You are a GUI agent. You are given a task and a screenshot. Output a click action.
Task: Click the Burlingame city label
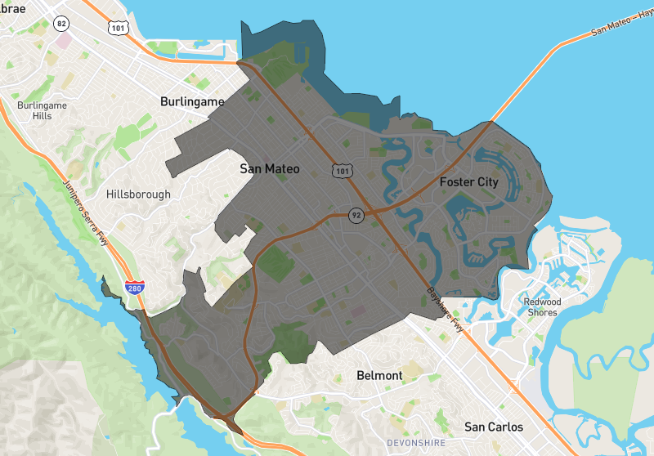click(x=191, y=101)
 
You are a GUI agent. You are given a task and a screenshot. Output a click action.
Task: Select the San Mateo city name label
click(x=270, y=169)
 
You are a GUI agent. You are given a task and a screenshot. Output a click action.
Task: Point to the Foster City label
click(x=468, y=181)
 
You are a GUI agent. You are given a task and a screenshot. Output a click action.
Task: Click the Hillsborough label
click(x=139, y=194)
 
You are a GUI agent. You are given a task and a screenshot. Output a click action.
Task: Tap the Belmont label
click(x=379, y=375)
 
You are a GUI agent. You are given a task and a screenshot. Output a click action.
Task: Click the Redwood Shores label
click(x=542, y=307)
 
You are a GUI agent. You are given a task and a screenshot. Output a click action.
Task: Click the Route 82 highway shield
click(x=61, y=24)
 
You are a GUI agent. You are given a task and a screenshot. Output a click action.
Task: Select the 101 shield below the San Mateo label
click(x=338, y=171)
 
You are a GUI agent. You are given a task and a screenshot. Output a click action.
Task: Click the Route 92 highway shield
click(x=356, y=215)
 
